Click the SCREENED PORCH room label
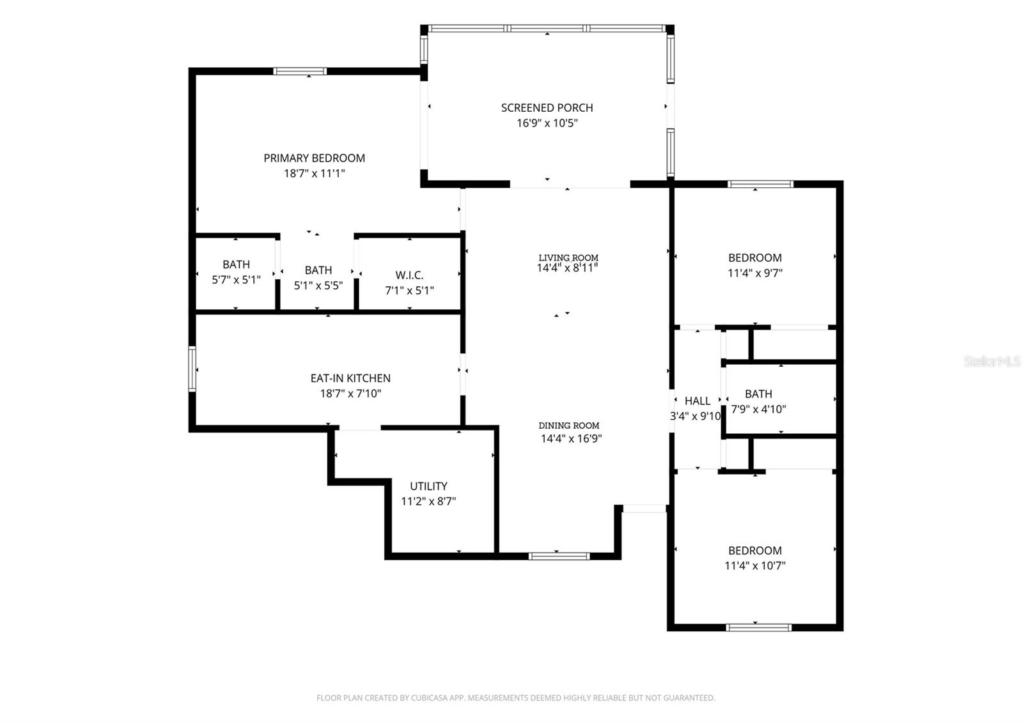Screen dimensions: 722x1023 (547, 108)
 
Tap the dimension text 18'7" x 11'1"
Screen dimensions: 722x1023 (315, 173)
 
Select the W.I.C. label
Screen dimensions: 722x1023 (409, 275)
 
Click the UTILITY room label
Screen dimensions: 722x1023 (428, 486)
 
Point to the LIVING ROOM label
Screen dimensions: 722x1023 (568, 257)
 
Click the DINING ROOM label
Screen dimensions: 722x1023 (568, 426)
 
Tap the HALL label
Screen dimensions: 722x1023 (697, 401)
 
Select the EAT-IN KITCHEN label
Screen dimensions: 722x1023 (350, 378)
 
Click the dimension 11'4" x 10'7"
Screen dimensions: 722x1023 (754, 565)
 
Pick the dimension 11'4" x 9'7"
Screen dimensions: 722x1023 (754, 273)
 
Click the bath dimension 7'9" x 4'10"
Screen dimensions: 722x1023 (758, 410)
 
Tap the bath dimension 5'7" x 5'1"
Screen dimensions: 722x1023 (236, 279)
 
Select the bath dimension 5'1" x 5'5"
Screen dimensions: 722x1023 (318, 286)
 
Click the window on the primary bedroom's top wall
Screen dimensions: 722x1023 (300, 71)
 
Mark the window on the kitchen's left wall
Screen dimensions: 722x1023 (192, 369)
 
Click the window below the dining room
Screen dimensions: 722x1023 (559, 556)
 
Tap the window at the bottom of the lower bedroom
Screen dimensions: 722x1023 (758, 627)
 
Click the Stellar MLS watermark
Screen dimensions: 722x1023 (992, 362)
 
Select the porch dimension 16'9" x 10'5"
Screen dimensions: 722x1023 (547, 123)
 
